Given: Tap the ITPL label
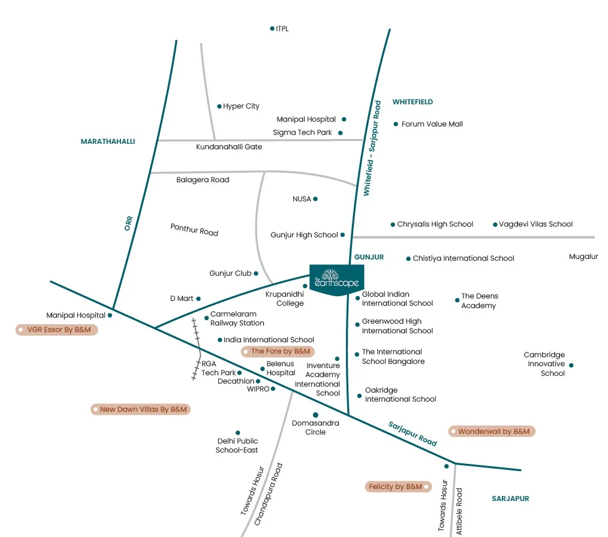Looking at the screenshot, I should pyautogui.click(x=282, y=29).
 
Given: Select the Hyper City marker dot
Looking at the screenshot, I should pyautogui.click(x=219, y=106).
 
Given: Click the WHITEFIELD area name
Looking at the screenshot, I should pyautogui.click(x=413, y=102).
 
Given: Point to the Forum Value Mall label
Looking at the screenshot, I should pyautogui.click(x=432, y=124).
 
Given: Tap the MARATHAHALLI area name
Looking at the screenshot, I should pyautogui.click(x=108, y=141).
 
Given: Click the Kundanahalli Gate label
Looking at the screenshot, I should pyautogui.click(x=229, y=147).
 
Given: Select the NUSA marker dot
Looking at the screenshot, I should pyautogui.click(x=315, y=199).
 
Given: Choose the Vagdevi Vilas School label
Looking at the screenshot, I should pyautogui.click(x=536, y=224).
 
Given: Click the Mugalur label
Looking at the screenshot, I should pyautogui.click(x=583, y=257).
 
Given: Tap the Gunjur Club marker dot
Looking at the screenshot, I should pyautogui.click(x=256, y=273).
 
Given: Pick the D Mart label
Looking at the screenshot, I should pyautogui.click(x=181, y=298).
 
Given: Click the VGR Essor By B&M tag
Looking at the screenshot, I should pyautogui.click(x=56, y=330).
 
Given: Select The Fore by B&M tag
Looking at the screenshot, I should pyautogui.click(x=278, y=351).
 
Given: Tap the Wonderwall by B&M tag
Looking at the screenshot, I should pyautogui.click(x=492, y=431).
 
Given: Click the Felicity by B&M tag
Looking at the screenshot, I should pyautogui.click(x=399, y=487).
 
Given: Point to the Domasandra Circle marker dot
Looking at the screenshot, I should pyautogui.click(x=315, y=415).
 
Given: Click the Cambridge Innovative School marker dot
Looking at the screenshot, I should pyautogui.click(x=571, y=365).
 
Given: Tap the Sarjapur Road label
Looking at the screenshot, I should pyautogui.click(x=413, y=433).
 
